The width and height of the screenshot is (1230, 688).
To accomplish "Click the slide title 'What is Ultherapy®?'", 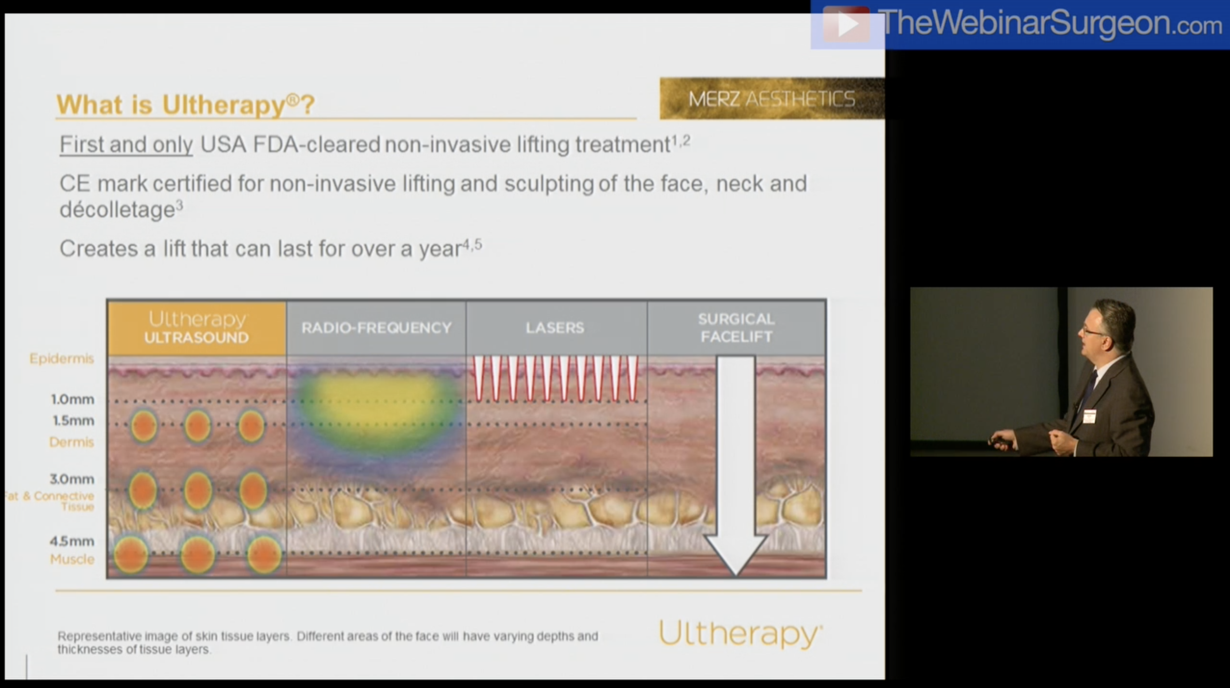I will point(186,104).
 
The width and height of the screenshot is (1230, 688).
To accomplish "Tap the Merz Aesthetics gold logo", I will point(771,99).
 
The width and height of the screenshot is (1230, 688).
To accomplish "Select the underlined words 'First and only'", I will point(126,145).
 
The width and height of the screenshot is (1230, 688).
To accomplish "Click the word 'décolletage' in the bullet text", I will point(117,210).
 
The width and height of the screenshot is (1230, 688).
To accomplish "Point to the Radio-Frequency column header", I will point(376,328).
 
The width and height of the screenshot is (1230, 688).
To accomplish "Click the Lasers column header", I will point(555,328).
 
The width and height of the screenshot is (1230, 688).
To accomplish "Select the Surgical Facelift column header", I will point(736,328).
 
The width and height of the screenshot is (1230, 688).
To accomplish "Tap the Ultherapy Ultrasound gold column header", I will point(197,328).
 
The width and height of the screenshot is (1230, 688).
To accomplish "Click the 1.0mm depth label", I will point(73,399).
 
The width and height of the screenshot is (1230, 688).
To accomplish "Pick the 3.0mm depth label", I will point(72,479).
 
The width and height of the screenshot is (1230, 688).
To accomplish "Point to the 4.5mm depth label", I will point(72,541).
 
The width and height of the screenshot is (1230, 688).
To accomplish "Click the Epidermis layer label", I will point(62,358).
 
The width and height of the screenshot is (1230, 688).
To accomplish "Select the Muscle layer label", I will point(72,559).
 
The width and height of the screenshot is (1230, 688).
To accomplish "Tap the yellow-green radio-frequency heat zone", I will point(376,405).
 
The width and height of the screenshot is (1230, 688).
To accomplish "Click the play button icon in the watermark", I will point(847,24).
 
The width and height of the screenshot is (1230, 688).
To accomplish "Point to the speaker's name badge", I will point(1089,416).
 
